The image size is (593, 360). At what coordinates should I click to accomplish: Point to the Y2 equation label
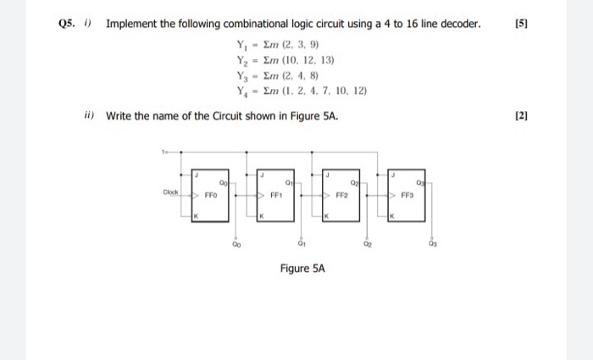(241, 60)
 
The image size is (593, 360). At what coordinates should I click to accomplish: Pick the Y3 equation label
(241, 75)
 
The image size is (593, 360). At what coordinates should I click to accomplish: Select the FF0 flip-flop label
(211, 195)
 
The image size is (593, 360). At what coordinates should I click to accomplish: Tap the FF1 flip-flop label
(276, 195)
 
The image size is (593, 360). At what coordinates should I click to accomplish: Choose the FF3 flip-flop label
(407, 195)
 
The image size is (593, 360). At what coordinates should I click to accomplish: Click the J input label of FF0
(197, 174)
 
